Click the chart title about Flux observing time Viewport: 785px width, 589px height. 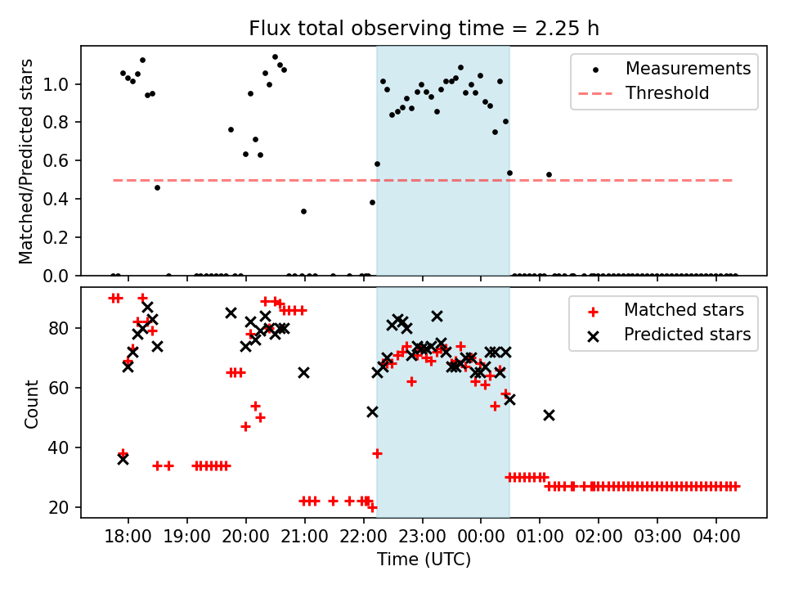click(424, 29)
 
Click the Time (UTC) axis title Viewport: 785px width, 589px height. click(424, 560)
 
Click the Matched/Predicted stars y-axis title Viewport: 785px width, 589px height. click(27, 161)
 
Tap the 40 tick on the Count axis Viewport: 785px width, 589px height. click(64, 447)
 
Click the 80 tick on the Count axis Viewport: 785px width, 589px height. click(64, 328)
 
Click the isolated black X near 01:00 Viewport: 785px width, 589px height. click(549, 416)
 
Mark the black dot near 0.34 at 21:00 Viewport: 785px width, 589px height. click(303, 211)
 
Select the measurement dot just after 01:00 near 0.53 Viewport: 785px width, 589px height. click(549, 174)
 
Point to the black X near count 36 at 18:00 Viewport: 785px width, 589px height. click(123, 459)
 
